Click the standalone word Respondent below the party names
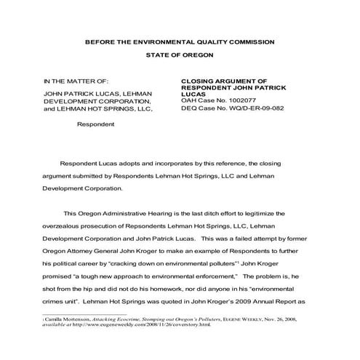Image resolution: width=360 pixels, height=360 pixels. (95, 124)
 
